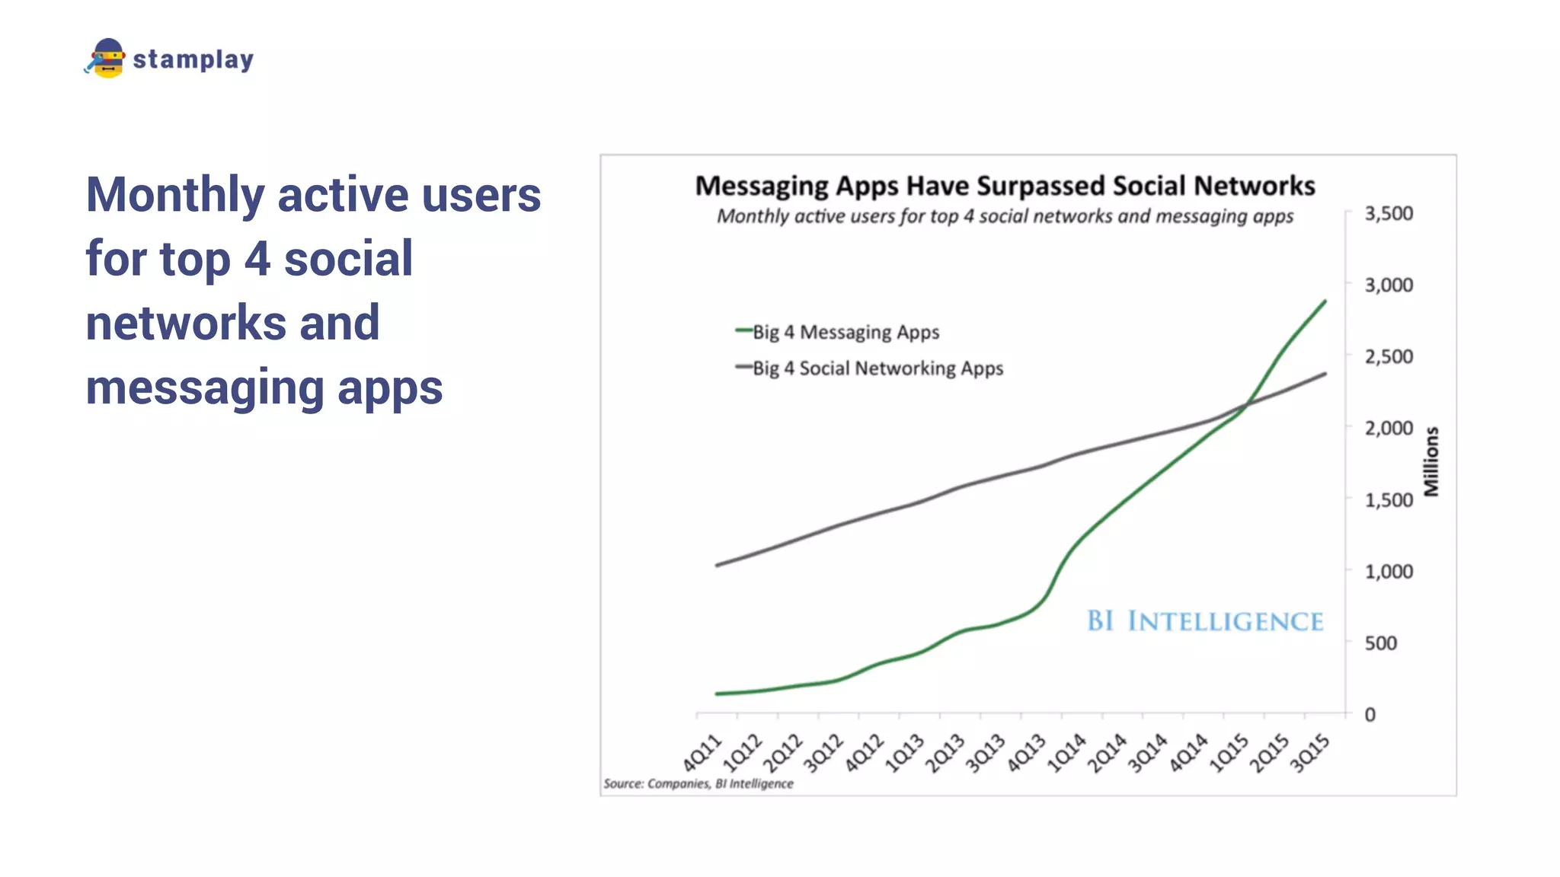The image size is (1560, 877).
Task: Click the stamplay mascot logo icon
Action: [106, 59]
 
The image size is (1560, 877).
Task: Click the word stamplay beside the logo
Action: [193, 59]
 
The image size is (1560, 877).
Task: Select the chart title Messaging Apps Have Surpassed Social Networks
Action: [1005, 186]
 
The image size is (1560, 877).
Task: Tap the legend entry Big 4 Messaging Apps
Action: [846, 332]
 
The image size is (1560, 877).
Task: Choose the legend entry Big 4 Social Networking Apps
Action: [877, 368]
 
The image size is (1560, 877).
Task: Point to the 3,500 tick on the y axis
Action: [1388, 214]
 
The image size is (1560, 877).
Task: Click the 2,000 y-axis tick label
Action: [1388, 429]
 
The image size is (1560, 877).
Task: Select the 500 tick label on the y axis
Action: [1380, 643]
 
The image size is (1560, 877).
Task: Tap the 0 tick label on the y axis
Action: [1370, 715]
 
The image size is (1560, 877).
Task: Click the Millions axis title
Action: [1431, 461]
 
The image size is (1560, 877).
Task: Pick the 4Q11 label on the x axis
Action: [702, 752]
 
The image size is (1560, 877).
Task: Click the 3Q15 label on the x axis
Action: [1309, 752]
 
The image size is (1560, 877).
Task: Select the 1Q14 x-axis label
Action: [1066, 752]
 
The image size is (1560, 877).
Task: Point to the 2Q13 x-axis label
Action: [945, 752]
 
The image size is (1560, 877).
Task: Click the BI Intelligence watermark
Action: [1204, 621]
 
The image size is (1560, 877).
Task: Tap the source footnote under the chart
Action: [698, 783]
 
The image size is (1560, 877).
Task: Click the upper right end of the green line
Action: [1325, 301]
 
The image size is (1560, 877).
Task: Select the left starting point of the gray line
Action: [717, 565]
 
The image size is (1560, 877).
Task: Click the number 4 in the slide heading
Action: [257, 259]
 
